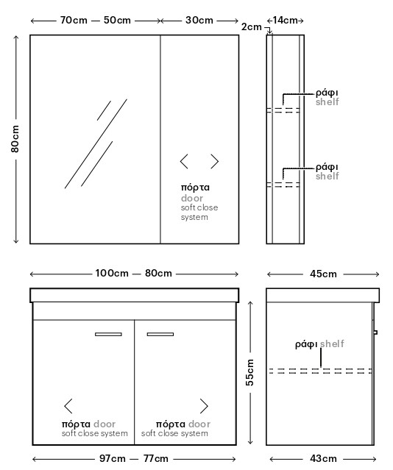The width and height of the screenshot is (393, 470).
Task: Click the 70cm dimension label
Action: pyautogui.click(x=74, y=20)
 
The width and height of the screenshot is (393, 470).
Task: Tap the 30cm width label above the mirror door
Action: pyautogui.click(x=199, y=20)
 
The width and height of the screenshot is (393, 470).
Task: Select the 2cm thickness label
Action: pyautogui.click(x=252, y=27)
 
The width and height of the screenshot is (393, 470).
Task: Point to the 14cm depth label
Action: pyautogui.click(x=285, y=20)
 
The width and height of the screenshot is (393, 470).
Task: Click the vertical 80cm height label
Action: pyautogui.click(x=15, y=139)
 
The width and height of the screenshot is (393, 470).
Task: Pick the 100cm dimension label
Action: pyautogui.click(x=112, y=273)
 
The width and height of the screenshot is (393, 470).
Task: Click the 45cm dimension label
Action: pyautogui.click(x=323, y=274)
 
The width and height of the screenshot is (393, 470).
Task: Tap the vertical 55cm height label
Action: pyautogui.click(x=249, y=372)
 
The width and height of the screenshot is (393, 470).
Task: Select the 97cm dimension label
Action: pyautogui.click(x=112, y=458)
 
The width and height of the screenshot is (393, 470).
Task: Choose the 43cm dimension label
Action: pyautogui.click(x=323, y=458)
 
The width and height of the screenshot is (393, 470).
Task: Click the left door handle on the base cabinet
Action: pyautogui.click(x=108, y=334)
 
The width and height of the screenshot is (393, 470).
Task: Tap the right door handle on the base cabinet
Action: pyautogui.click(x=160, y=334)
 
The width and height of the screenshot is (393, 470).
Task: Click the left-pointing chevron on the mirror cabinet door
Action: pyautogui.click(x=184, y=162)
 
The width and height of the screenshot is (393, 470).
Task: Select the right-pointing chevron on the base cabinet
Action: pyautogui.click(x=204, y=406)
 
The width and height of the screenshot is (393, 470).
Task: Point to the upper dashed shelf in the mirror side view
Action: pyautogui.click(x=283, y=110)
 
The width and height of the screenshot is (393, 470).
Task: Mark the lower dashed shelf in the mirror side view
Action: pyautogui.click(x=283, y=185)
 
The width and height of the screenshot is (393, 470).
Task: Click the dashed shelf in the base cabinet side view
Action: pyautogui.click(x=320, y=371)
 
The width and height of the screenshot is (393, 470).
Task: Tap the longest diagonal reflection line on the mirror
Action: pyautogui.click(x=96, y=144)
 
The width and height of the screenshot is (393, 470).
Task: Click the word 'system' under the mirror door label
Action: pyautogui.click(x=194, y=217)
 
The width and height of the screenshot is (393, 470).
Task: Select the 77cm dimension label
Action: pyautogui.click(x=156, y=458)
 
